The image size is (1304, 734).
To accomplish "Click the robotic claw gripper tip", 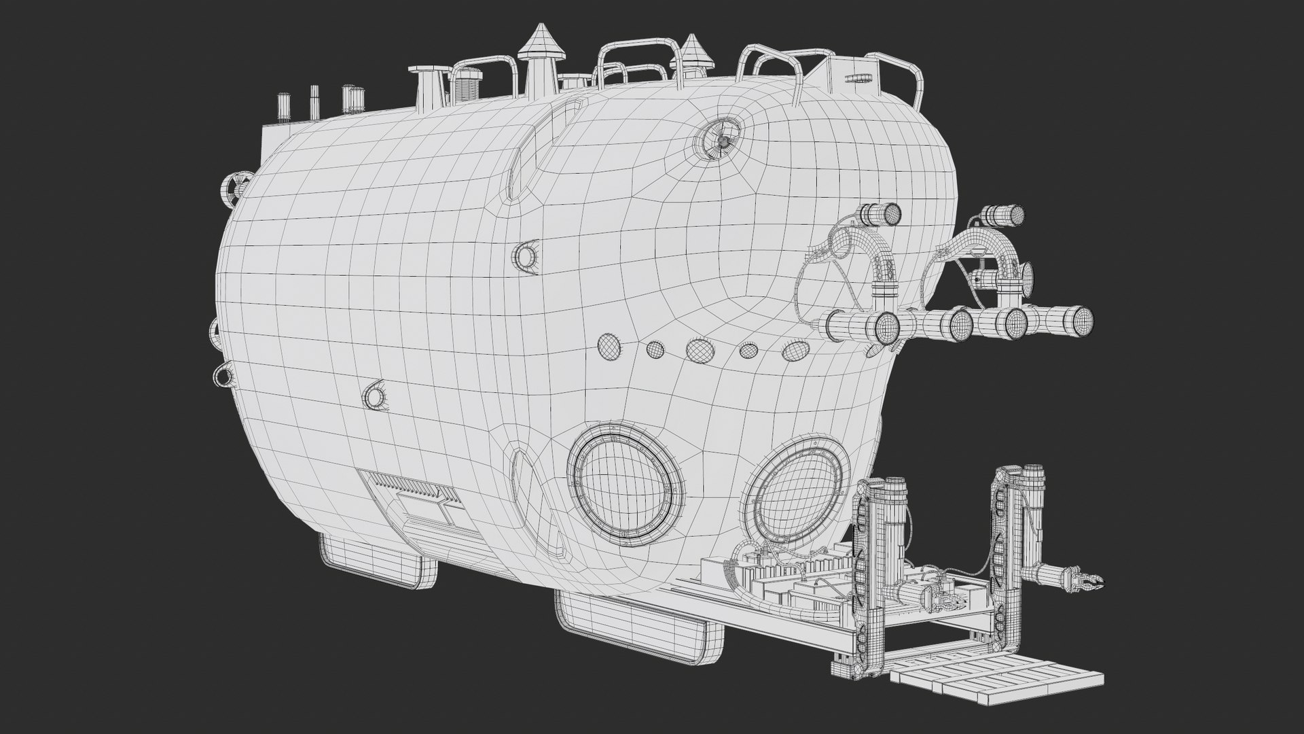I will [1093, 563].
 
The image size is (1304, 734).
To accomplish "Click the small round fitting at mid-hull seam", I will [526, 256].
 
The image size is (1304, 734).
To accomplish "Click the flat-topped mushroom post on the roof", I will [429, 84].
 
